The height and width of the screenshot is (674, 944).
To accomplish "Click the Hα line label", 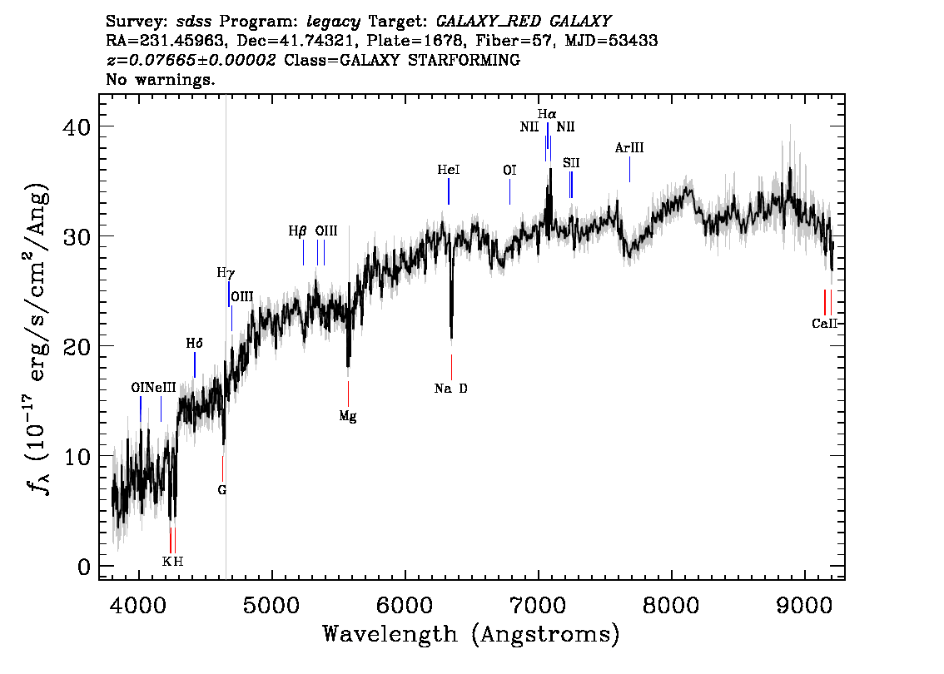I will pyautogui.click(x=546, y=114).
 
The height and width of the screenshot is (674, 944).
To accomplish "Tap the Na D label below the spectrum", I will pyautogui.click(x=451, y=388).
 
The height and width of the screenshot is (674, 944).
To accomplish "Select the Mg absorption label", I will pyautogui.click(x=348, y=416).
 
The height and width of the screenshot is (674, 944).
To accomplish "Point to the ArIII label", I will pyautogui.click(x=629, y=148).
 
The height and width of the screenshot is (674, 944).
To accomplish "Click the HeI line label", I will pyautogui.click(x=449, y=170).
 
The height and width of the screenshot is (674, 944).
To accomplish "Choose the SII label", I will pyautogui.click(x=571, y=163).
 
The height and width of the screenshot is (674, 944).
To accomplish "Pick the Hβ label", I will pyautogui.click(x=298, y=231).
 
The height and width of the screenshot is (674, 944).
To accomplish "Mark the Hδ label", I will pyautogui.click(x=195, y=343).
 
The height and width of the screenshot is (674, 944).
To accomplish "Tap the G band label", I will pyautogui.click(x=222, y=489).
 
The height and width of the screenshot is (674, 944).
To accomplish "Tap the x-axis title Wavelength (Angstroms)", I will pyautogui.click(x=471, y=635).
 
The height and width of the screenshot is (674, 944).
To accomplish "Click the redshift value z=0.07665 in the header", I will pyautogui.click(x=191, y=61).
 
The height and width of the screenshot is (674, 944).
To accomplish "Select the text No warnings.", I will pyautogui.click(x=161, y=80).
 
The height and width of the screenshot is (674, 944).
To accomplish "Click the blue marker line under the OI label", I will pyautogui.click(x=509, y=191).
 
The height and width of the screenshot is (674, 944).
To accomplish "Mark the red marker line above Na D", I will pyautogui.click(x=451, y=366).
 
